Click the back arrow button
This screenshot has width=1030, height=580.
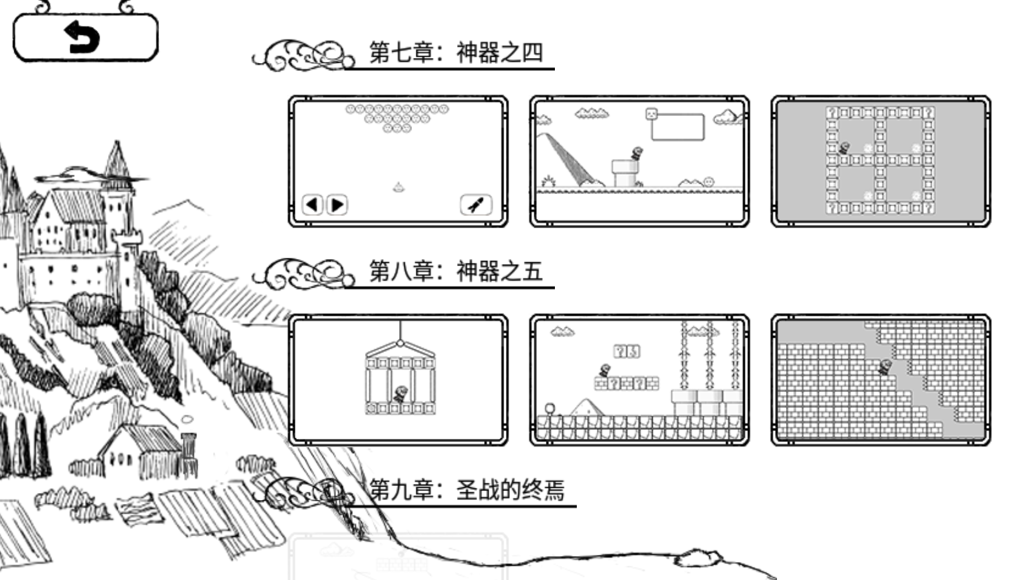(85, 38)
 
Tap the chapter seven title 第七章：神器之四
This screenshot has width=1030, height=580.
(456, 53)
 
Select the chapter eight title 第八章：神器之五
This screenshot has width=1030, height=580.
(456, 271)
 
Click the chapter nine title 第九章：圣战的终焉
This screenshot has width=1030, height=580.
(467, 490)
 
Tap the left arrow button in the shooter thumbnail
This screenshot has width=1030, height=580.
(312, 205)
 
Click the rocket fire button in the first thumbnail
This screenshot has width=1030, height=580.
(476, 205)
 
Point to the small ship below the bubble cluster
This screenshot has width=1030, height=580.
(398, 188)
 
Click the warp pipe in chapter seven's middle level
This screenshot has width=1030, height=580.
(624, 173)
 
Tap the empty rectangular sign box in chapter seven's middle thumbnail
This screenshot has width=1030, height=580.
(677, 127)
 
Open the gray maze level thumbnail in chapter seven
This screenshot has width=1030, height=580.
(880, 161)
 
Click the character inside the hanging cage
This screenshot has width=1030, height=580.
(400, 394)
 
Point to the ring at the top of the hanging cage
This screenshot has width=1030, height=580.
(400, 342)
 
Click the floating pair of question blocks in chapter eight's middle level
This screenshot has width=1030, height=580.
(626, 351)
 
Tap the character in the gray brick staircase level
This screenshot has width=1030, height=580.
(885, 367)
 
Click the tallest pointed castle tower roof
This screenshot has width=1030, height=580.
(117, 158)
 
